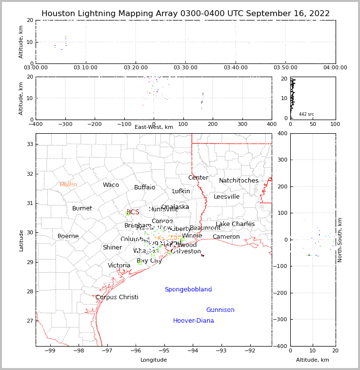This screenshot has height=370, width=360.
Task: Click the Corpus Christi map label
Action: coord(117,297)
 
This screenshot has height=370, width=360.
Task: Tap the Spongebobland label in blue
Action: coord(188,289)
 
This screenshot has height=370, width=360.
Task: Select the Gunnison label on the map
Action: coord(220,310)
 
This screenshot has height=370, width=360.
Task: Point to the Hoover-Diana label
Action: coord(193,321)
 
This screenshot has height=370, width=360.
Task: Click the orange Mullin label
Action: coord(68,185)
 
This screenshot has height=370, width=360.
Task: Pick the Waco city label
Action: coord(111,185)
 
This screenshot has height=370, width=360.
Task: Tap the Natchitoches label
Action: coord(239,181)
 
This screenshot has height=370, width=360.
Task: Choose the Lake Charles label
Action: coord(235,224)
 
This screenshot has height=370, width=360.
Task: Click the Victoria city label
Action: coord(119,266)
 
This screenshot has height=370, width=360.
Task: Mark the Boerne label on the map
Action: coord(68,236)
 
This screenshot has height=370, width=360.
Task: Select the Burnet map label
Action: coord(82,208)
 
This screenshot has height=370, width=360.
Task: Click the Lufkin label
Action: coord(181,191)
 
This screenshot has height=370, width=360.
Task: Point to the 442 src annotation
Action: coord(306,114)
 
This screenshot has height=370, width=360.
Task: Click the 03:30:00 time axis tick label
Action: coord(185,68)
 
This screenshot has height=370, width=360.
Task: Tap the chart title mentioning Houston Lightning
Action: coord(185,14)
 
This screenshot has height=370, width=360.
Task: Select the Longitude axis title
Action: coord(154,360)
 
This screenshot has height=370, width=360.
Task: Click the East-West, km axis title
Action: coord(154,127)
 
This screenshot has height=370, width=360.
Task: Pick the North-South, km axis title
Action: coord(340,240)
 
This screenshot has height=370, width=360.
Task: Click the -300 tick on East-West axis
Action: coord(65,123)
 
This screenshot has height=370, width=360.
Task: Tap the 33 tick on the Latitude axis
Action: coord(29,144)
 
